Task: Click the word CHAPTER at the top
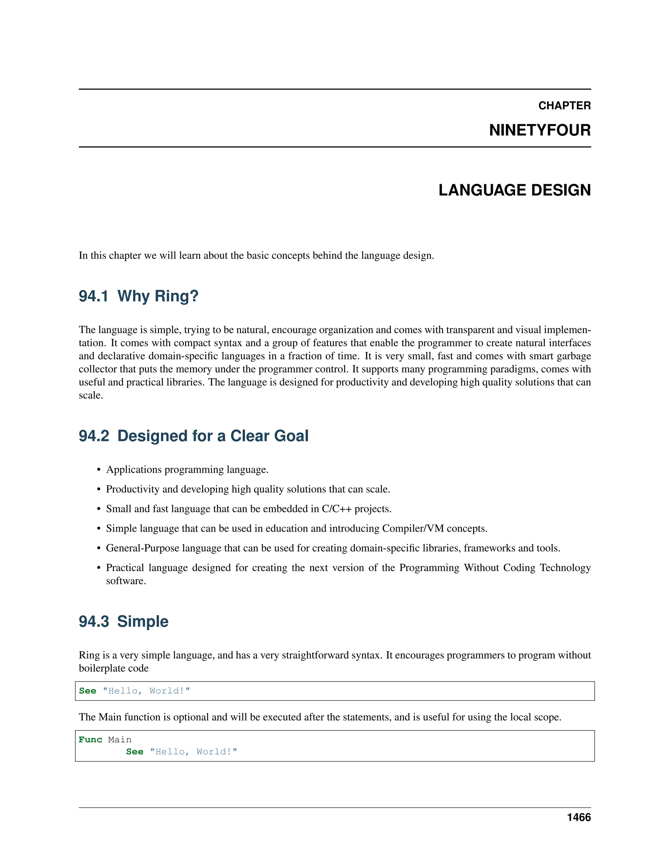point(564,106)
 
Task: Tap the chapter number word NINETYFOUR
point(539,130)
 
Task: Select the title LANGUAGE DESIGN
point(514,190)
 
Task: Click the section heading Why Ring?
point(158,296)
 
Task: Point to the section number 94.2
point(94,436)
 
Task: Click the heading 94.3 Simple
point(123,621)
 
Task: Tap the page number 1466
point(579,817)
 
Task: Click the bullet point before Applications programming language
point(99,470)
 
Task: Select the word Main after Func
point(119,740)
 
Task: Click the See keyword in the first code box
point(87,691)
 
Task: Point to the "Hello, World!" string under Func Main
point(193,752)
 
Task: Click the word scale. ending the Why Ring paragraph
point(91,396)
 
